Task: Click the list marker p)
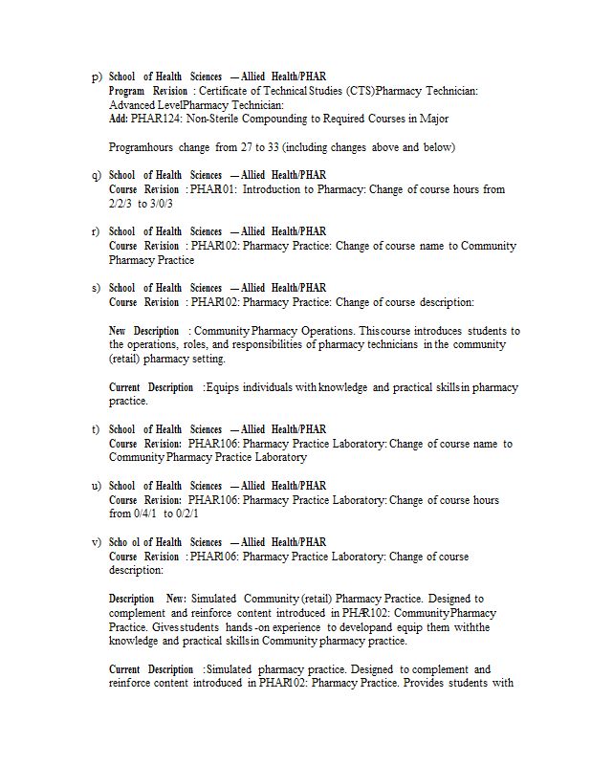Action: tap(97, 76)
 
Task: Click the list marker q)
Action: tap(97, 176)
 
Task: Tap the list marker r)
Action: tap(96, 232)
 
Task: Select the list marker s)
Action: tap(96, 289)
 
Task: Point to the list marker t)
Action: tap(96, 430)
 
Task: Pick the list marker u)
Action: tap(97, 487)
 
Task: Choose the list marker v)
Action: tap(97, 543)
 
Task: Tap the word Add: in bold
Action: tap(119, 120)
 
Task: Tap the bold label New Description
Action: tap(143, 331)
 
